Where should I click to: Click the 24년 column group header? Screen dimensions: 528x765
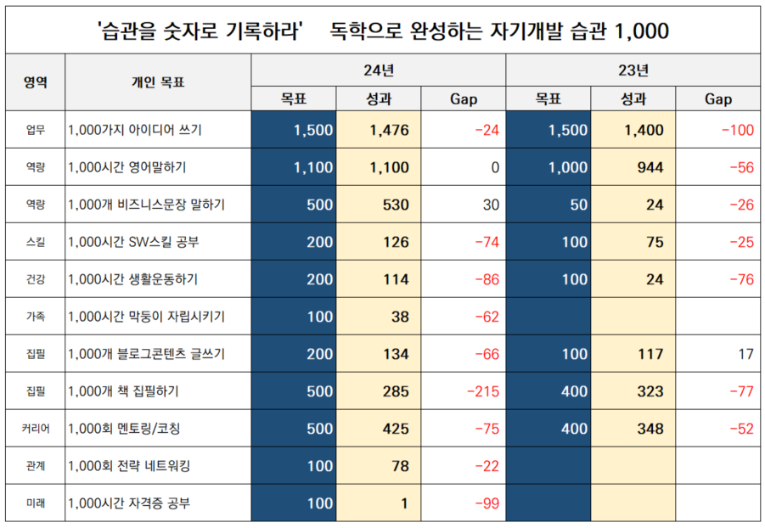pyautogui.click(x=379, y=70)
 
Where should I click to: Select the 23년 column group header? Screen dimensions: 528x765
pyautogui.click(x=633, y=70)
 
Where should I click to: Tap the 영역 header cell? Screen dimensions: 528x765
pyautogui.click(x=34, y=82)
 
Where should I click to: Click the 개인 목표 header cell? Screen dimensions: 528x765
pyautogui.click(x=158, y=82)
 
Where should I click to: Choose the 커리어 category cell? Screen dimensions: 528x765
pyautogui.click(x=34, y=429)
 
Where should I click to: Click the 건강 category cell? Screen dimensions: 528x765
pyautogui.click(x=34, y=279)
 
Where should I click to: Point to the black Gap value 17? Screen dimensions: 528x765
pyautogui.click(x=745, y=354)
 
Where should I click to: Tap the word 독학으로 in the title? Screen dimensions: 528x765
pyautogui.click(x=368, y=31)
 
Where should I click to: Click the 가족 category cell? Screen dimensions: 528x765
pyautogui.click(x=34, y=317)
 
